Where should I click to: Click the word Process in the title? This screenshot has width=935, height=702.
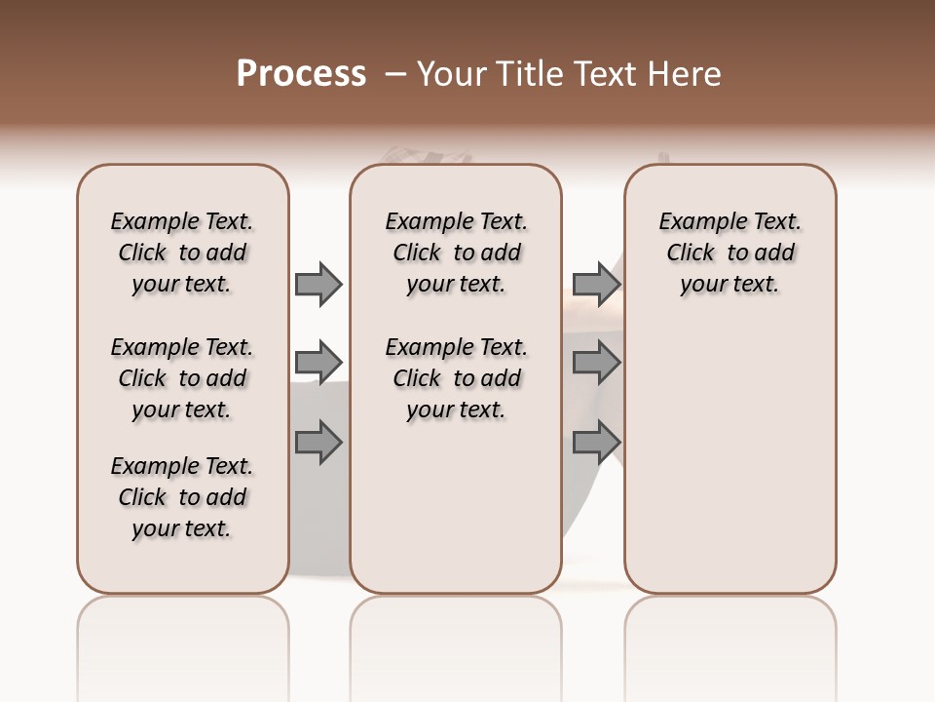click(301, 74)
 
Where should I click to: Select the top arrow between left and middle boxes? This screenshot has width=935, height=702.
click(318, 284)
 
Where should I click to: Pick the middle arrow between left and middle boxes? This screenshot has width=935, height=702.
click(318, 363)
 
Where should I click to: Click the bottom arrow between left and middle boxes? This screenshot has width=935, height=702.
click(318, 443)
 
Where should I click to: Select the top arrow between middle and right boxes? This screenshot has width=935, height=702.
click(596, 284)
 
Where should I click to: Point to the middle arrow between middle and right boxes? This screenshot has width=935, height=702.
click(596, 363)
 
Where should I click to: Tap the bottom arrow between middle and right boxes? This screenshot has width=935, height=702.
click(596, 443)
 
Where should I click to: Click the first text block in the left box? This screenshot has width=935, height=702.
click(182, 253)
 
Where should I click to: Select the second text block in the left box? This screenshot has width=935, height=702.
click(182, 378)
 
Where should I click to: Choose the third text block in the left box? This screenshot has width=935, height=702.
click(182, 497)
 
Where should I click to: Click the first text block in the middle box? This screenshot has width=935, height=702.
click(456, 253)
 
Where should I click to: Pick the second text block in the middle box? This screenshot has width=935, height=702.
click(456, 378)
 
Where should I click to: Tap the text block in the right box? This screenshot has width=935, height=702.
click(729, 253)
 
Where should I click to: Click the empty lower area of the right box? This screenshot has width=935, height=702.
click(729, 468)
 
